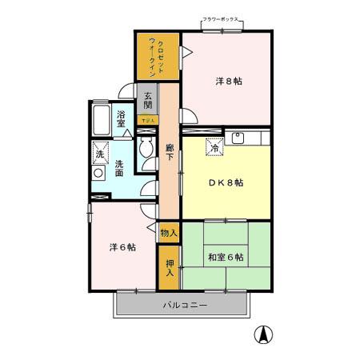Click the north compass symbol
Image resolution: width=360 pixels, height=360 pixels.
(x=262, y=336)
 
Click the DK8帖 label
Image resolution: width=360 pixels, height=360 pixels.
(x=226, y=182)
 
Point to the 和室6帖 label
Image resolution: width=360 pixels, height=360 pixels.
(x=226, y=257)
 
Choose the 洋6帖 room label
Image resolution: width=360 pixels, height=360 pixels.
(x=122, y=247)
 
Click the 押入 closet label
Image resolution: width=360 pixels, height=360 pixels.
(x=170, y=268)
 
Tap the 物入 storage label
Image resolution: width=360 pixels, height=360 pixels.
(x=169, y=234)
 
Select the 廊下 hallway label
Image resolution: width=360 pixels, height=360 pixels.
(x=170, y=152)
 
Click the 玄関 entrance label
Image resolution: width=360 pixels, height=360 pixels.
(x=148, y=100)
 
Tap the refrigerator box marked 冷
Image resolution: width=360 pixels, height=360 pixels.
(x=214, y=146)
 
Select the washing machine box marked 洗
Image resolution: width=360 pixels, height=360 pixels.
(x=100, y=151)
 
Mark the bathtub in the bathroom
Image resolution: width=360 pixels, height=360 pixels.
(x=102, y=121)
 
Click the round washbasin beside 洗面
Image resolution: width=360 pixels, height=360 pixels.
(x=98, y=172)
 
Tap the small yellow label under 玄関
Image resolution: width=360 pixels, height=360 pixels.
(x=148, y=121)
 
